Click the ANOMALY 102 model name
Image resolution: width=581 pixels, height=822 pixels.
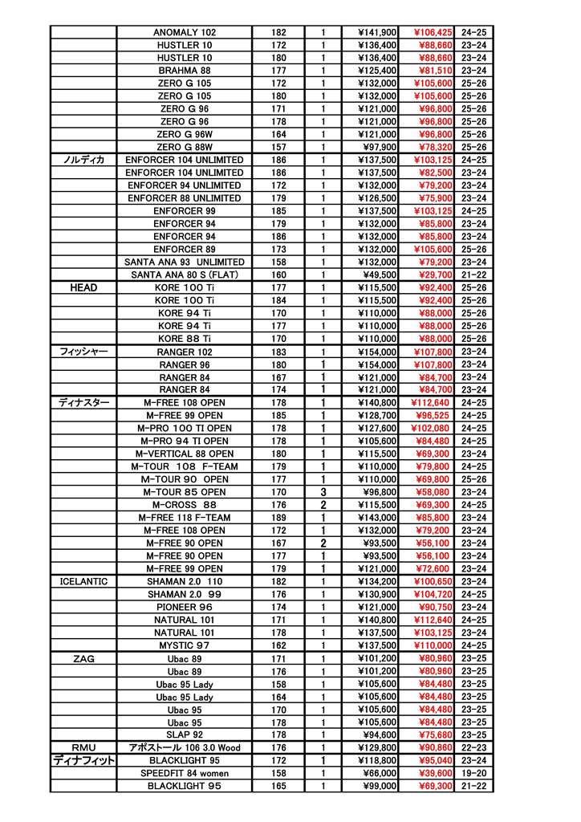[184, 32]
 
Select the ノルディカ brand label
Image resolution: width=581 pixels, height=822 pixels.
[83, 160]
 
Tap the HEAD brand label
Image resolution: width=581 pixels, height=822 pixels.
[83, 287]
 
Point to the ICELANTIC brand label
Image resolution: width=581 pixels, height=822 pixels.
[83, 581]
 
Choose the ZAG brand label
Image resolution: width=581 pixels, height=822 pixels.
[83, 658]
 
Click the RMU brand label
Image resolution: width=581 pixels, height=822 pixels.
[83, 747]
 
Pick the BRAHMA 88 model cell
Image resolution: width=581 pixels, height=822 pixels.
[184, 71]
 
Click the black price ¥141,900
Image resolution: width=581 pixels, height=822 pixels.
[377, 32]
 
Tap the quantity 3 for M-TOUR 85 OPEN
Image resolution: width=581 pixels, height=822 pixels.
[323, 492]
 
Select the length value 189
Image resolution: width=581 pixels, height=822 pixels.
[278, 518]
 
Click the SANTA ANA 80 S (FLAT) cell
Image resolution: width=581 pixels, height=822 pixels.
[184, 275]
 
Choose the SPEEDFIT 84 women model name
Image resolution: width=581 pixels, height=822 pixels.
[184, 773]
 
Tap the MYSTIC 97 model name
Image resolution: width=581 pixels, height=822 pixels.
[184, 645]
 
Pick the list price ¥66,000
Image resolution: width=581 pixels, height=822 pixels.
[377, 773]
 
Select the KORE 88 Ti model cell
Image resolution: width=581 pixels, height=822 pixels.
[184, 339]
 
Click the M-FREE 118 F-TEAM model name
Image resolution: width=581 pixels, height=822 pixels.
[184, 518]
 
